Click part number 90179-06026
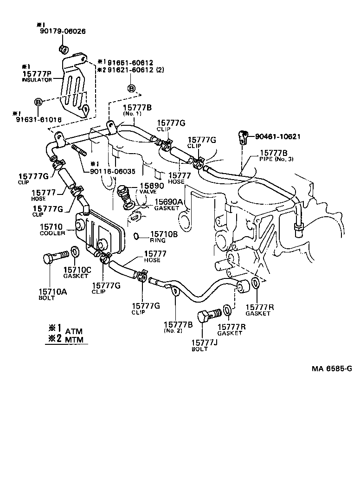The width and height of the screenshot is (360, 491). click(x=61, y=31)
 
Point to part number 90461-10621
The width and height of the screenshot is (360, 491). click(x=278, y=136)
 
